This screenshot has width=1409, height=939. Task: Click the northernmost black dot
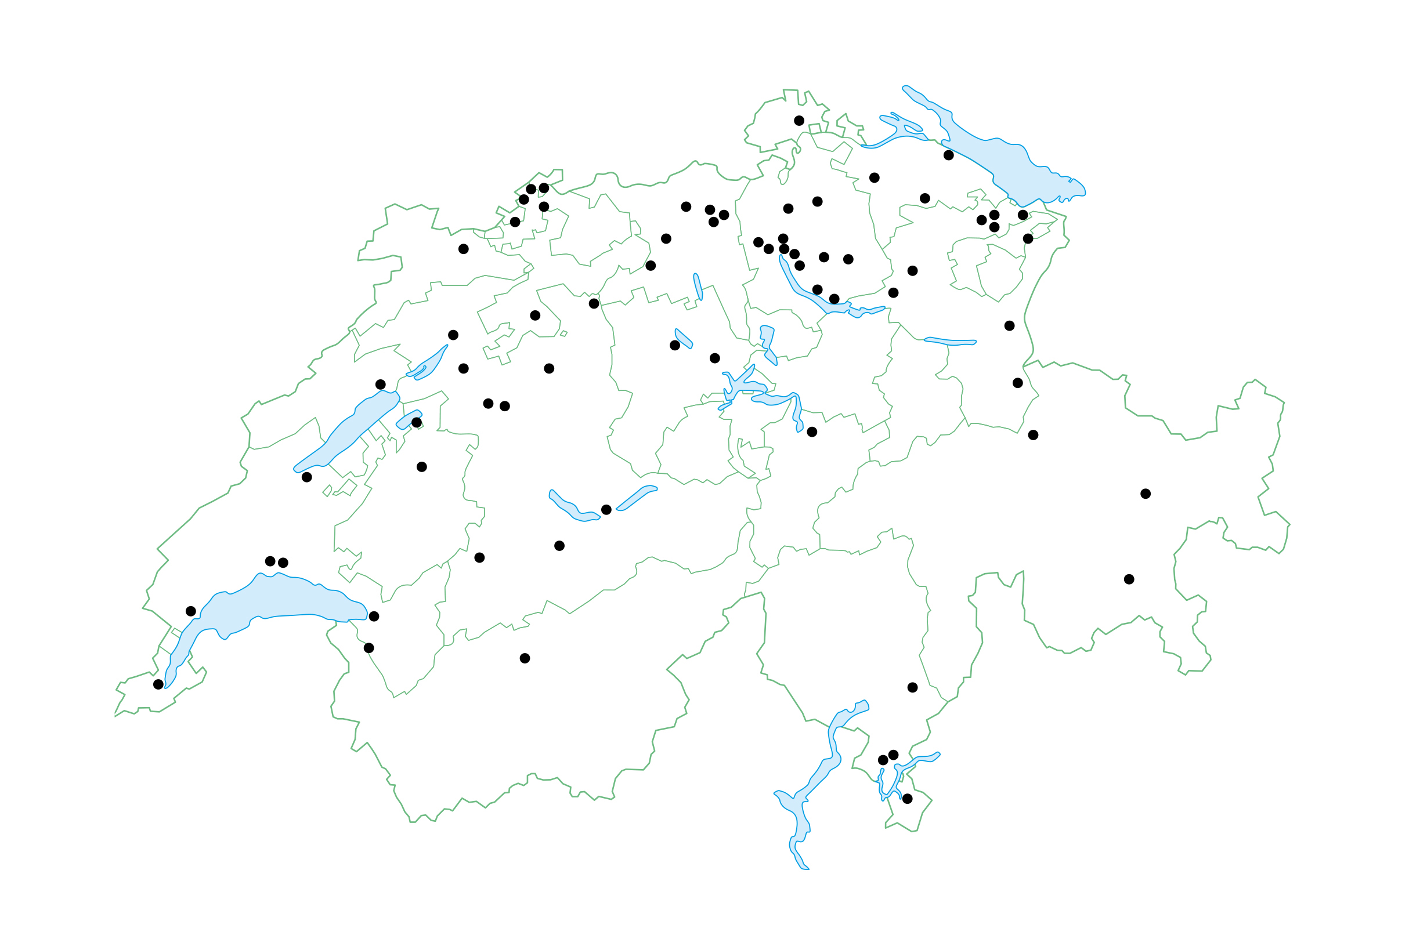point(799,121)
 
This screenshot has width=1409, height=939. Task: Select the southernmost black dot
point(908,799)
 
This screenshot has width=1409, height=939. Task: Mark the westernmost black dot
point(158,684)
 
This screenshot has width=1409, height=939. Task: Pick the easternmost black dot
point(1146,494)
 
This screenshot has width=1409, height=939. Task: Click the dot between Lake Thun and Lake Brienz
point(606,510)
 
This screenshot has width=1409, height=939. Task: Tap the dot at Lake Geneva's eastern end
point(374,616)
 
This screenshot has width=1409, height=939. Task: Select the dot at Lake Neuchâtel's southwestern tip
point(307,477)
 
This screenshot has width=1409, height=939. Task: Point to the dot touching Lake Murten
point(416,423)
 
